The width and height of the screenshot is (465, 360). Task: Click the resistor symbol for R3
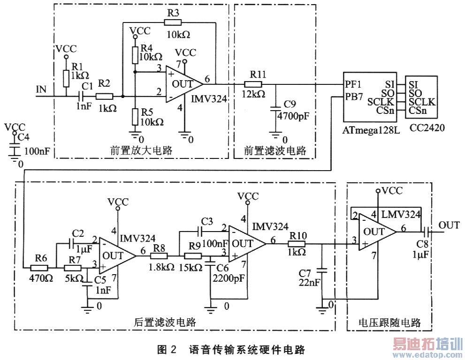[173, 22]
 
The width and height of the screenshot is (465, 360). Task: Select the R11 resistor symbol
[252, 84]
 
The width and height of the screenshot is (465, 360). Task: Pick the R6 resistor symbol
[39, 268]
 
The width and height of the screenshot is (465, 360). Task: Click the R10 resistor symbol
[297, 244]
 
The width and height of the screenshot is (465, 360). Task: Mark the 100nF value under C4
[37, 152]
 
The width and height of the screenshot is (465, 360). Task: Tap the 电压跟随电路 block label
[389, 322]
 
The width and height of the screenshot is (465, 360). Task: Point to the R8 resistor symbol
[159, 256]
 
